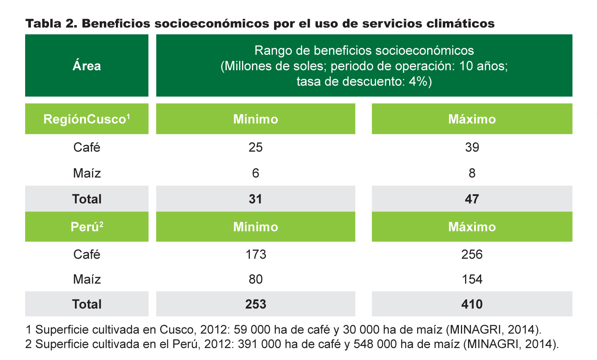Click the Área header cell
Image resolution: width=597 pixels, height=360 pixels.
click(87, 65)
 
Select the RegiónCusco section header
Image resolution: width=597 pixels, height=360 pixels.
click(87, 119)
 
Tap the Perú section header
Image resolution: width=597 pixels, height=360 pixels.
click(87, 227)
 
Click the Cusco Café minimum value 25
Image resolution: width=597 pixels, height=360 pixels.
click(256, 147)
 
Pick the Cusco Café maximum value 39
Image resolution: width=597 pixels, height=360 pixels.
click(472, 147)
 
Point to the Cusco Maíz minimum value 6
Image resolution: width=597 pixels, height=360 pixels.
click(256, 173)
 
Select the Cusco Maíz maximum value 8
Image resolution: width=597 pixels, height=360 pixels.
click(472, 173)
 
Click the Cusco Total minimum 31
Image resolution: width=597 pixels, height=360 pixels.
click(255, 199)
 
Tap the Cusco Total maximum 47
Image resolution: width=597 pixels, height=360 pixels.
click(472, 199)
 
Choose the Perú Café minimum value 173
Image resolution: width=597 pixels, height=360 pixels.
click(256, 254)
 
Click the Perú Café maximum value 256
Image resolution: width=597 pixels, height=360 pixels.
click(472, 254)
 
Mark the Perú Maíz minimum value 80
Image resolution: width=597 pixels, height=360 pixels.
click(256, 279)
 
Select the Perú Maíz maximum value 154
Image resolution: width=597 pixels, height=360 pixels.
click(472, 279)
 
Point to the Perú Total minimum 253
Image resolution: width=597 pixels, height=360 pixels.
click(256, 304)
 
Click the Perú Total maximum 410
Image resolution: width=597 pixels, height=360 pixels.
click(472, 304)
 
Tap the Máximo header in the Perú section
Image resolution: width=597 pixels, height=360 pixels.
click(472, 227)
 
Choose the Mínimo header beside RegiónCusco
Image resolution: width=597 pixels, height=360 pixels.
click(256, 119)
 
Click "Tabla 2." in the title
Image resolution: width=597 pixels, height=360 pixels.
click(52, 24)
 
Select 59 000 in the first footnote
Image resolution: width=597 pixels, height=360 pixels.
click(250, 330)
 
